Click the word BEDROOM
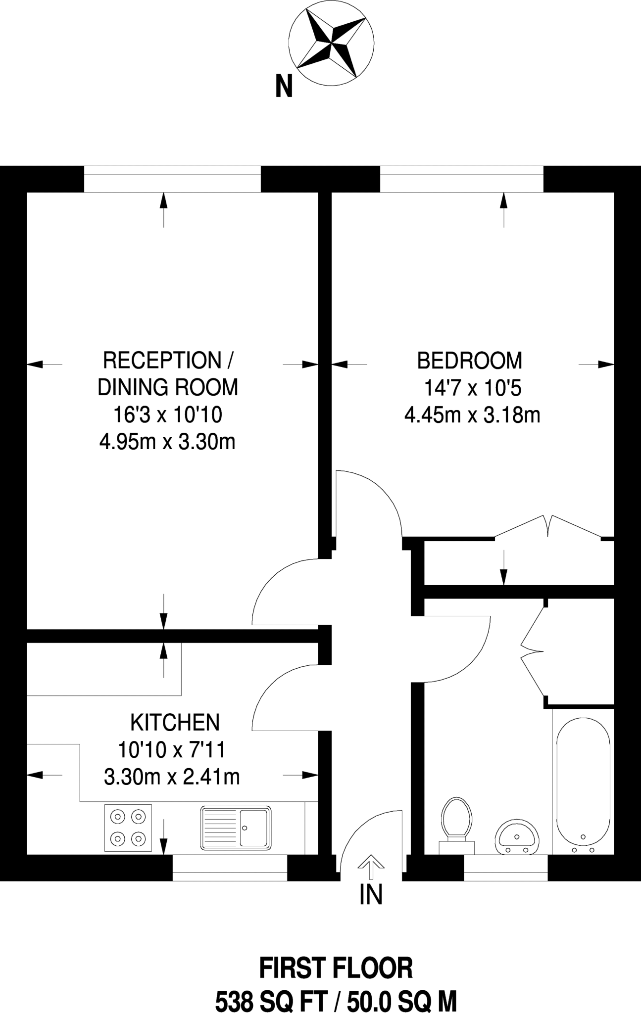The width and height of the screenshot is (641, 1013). (470, 361)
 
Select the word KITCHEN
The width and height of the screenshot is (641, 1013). (175, 723)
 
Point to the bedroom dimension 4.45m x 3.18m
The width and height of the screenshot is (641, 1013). (472, 415)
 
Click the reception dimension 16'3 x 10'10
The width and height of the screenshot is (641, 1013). (168, 414)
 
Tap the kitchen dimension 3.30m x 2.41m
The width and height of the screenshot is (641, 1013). (172, 777)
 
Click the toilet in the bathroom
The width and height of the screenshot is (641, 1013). (456, 826)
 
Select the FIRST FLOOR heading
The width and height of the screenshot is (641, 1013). (336, 968)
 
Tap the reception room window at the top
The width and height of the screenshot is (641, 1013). (172, 179)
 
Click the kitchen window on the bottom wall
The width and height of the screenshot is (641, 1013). (230, 868)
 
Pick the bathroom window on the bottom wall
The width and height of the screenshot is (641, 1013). (505, 868)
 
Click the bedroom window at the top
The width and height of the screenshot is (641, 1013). (461, 179)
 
